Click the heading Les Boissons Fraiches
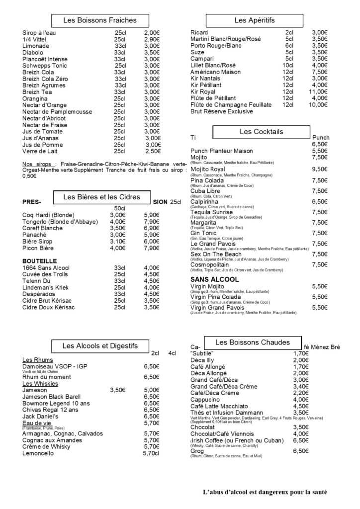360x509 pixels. [x=100, y=20]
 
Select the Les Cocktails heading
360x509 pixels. [x=261, y=132]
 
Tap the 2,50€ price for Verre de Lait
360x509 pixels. [x=152, y=151]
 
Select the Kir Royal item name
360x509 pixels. [x=204, y=91]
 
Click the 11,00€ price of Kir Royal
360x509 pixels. [x=318, y=91]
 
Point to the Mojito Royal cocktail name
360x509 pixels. [x=207, y=170]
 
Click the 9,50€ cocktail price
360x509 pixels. [x=319, y=170]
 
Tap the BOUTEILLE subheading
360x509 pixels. [x=40, y=261]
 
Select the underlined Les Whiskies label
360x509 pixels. [x=40, y=384]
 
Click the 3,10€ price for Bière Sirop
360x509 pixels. [x=117, y=241]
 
